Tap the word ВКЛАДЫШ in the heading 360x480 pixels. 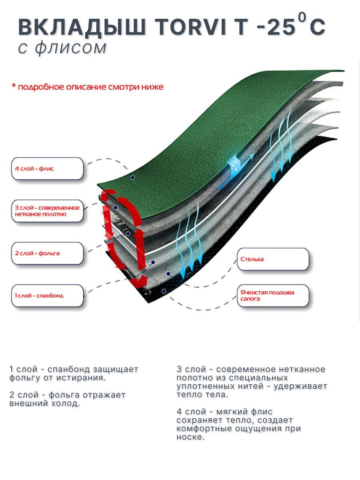(x=82, y=28)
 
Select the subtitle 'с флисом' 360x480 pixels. (x=62, y=48)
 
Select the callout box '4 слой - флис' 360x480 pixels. (x=48, y=168)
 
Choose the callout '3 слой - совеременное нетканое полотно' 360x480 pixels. (x=48, y=211)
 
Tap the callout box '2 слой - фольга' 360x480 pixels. (x=48, y=253)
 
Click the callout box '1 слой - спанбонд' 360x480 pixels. (x=48, y=296)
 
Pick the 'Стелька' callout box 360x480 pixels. (x=273, y=259)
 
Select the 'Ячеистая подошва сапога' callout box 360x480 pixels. (x=273, y=296)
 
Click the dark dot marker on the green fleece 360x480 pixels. (x=132, y=178)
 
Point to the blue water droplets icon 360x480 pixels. (x=236, y=163)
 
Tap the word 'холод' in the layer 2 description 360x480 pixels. (x=66, y=403)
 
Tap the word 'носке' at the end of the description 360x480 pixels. (x=190, y=437)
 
